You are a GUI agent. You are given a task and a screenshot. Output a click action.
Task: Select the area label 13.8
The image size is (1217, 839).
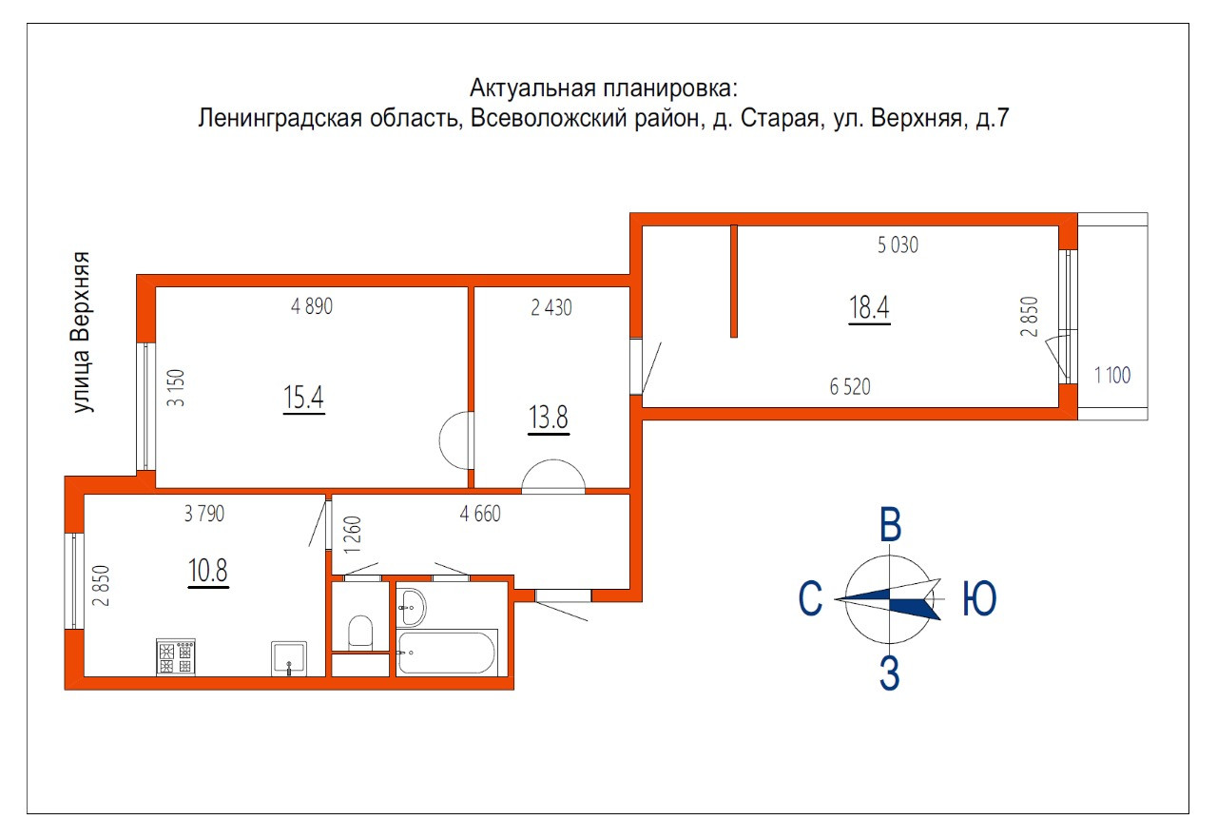[x=548, y=418]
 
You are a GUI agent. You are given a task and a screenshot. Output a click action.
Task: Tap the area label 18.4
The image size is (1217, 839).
[x=868, y=308]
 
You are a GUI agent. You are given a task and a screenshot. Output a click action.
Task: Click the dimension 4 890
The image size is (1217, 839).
[x=312, y=307]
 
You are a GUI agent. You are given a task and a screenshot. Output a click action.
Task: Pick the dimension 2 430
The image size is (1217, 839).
[x=551, y=307]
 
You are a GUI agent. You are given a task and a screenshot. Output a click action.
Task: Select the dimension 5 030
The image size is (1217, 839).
[x=898, y=245]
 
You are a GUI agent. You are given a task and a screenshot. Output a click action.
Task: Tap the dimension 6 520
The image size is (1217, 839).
[x=850, y=387]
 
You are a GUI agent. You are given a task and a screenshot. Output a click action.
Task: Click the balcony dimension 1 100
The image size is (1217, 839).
[x=1112, y=376]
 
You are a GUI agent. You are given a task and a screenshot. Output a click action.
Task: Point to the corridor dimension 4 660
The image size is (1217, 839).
[x=479, y=515]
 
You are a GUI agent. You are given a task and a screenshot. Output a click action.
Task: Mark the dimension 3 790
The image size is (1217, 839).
[x=203, y=515]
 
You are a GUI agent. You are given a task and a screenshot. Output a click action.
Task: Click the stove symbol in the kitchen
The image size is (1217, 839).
[x=175, y=657]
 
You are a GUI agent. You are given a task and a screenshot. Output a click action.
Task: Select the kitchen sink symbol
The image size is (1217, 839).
[x=289, y=657]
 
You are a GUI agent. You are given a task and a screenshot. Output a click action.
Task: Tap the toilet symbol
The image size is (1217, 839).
[x=361, y=632]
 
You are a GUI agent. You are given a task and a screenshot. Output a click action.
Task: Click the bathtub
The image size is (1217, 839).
[x=446, y=652]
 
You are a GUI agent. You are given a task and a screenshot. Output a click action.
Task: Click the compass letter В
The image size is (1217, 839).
[x=890, y=526]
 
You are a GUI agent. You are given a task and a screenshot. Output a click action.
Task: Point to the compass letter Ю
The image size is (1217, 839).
[x=979, y=599]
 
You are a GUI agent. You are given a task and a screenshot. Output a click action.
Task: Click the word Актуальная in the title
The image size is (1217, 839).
[x=532, y=88]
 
